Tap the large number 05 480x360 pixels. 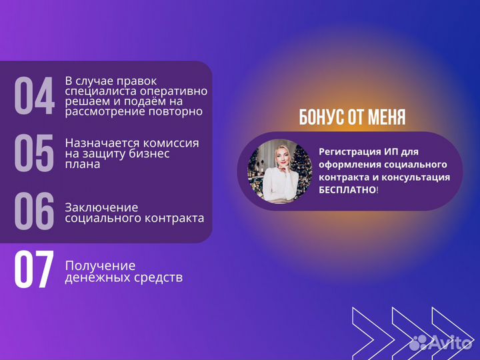click(34, 154)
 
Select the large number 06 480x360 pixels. click(34, 211)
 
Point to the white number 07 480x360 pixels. click(34, 271)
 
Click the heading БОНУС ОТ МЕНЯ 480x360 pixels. click(352, 118)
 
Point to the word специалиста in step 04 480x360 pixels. click(98, 91)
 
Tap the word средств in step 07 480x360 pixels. click(160, 277)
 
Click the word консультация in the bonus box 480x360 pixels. click(419, 177)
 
